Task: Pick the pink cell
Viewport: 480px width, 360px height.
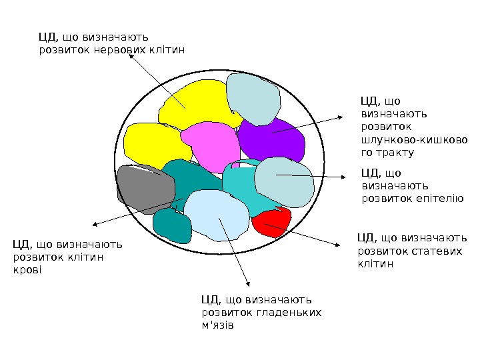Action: [210, 147]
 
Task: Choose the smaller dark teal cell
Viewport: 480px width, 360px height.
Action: [172, 225]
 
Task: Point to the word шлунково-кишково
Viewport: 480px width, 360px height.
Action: [413, 140]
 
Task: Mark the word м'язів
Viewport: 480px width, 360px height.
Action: [217, 326]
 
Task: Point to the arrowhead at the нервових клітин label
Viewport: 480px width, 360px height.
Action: [131, 55]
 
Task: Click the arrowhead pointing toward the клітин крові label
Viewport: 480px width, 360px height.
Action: [94, 225]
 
